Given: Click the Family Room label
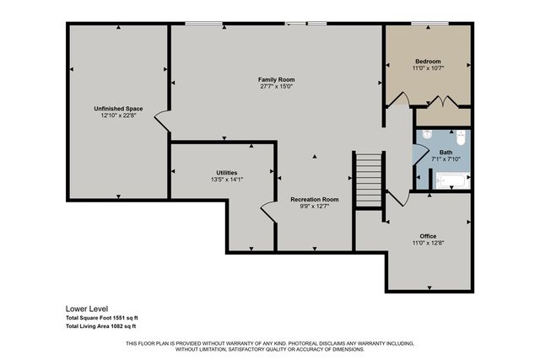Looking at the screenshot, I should coord(276,79).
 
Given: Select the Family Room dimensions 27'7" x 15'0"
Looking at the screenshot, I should coord(276,86).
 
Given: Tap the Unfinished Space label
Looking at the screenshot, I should coord(117,109).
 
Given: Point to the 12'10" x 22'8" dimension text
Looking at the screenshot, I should coord(117,116).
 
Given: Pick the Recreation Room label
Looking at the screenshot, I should coord(314,199).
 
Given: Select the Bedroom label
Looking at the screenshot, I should coord(428,61).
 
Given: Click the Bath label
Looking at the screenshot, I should coord(445,152).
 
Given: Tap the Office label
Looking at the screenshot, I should coord(428,236).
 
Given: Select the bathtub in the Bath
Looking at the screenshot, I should coord(451,180).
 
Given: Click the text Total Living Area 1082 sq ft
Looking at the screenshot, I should coord(101,325).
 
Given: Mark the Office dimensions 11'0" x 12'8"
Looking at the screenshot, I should coord(428,243).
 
